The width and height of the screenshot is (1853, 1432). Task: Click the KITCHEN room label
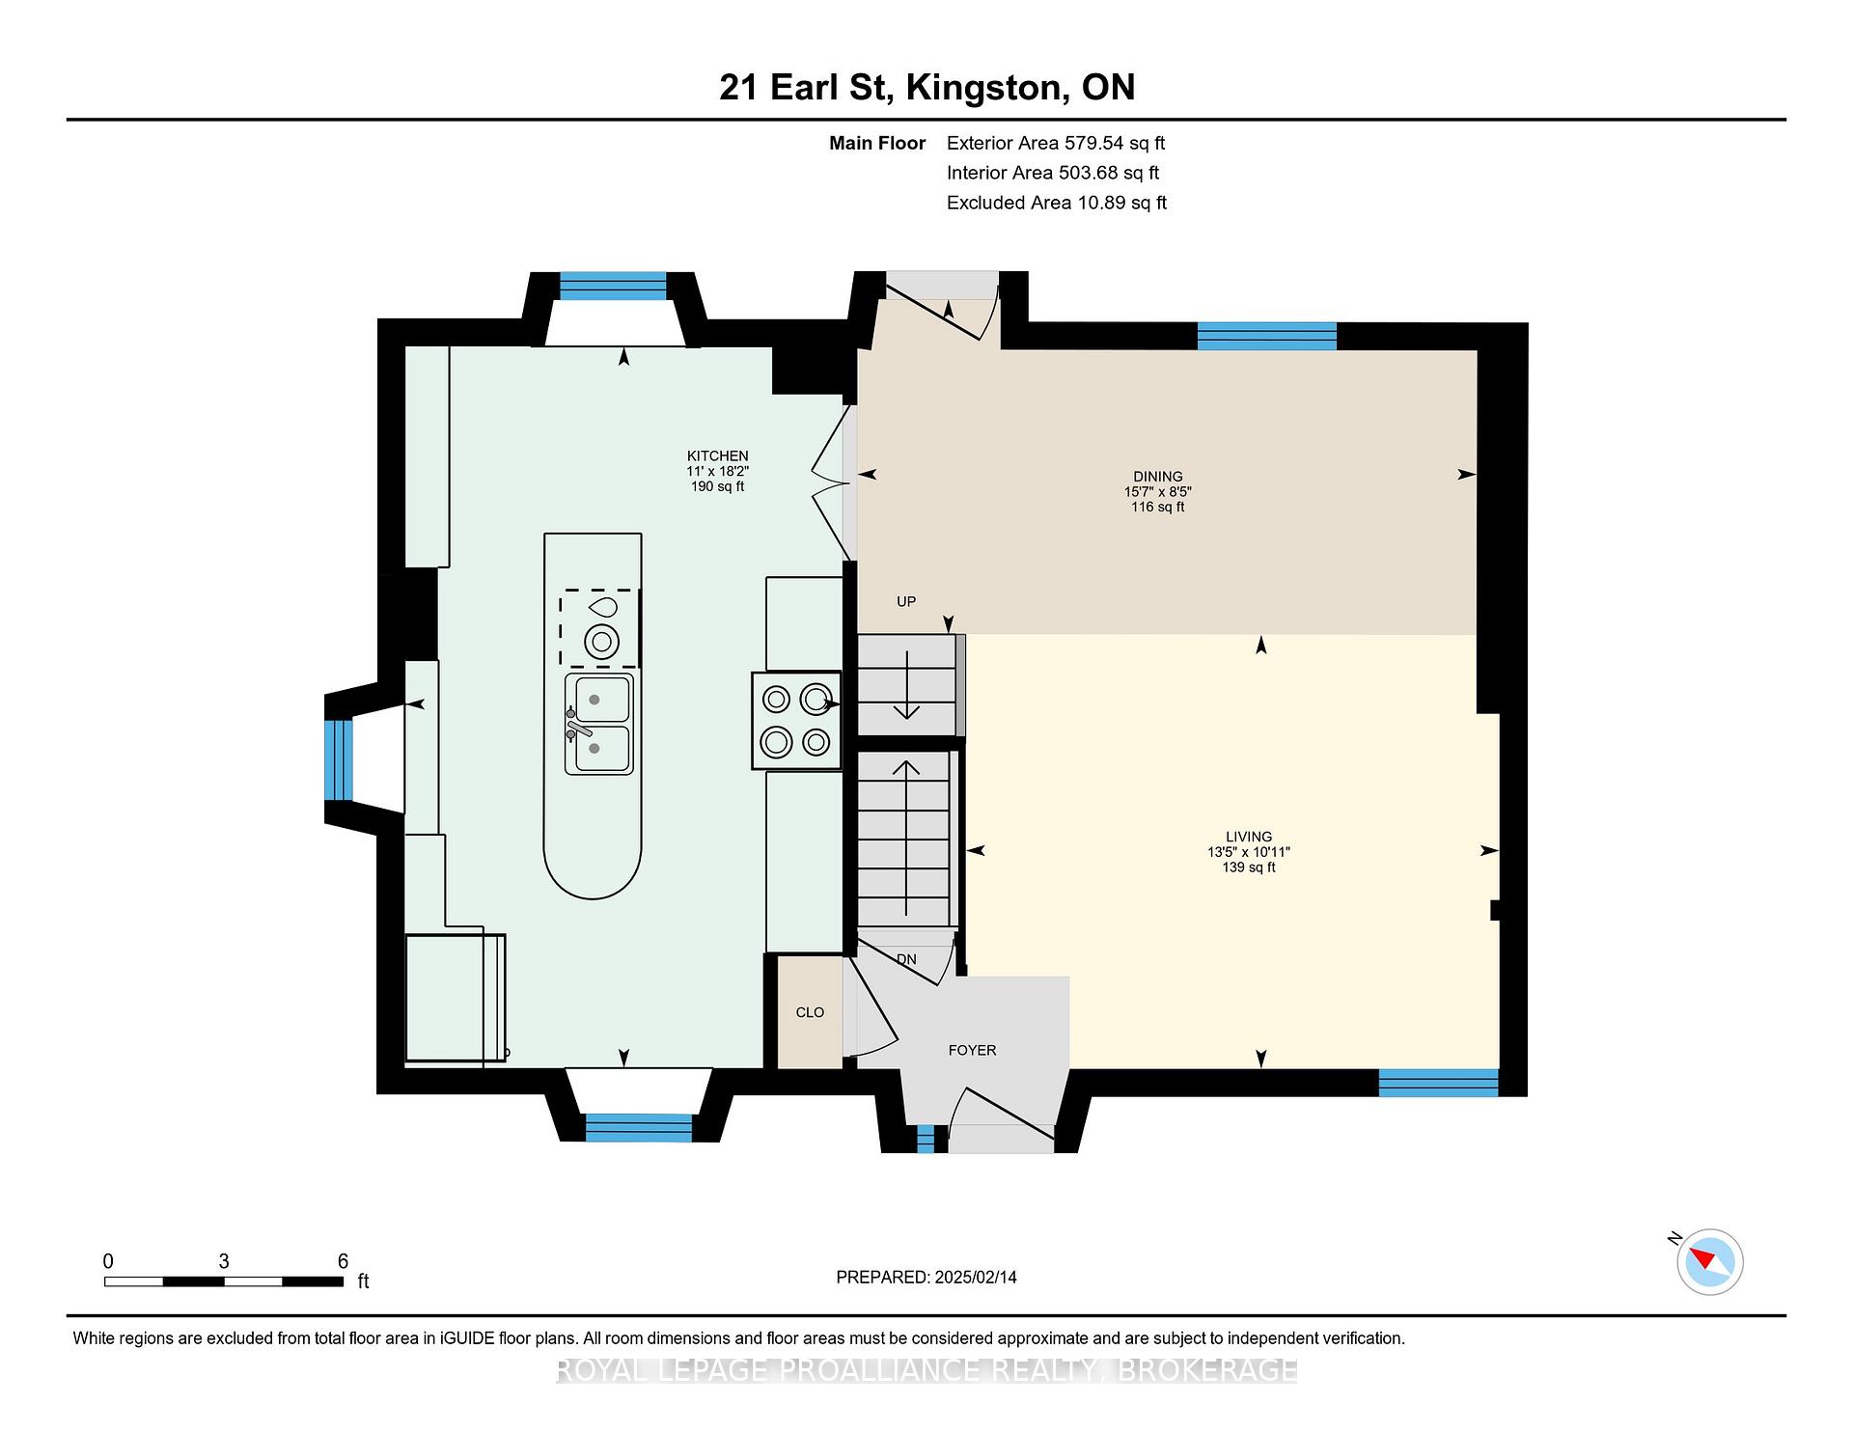tap(717, 455)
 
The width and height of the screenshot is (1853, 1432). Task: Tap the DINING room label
tap(1158, 476)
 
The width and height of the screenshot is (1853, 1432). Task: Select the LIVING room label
tap(1249, 837)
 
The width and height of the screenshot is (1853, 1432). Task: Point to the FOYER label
tap(972, 1050)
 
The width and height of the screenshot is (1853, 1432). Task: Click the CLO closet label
tap(810, 1012)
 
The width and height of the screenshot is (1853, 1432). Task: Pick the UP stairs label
tap(906, 601)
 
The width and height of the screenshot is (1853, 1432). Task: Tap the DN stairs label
tap(906, 959)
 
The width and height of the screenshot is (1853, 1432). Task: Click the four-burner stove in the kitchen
tap(797, 720)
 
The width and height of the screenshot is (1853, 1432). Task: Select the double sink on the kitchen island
tap(599, 724)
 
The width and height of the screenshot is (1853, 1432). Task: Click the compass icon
tap(1709, 1261)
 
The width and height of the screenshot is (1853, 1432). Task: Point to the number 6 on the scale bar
tap(343, 1261)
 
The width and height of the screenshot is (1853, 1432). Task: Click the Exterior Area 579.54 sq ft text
tap(1056, 143)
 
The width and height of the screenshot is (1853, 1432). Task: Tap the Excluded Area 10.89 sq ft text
tap(1057, 203)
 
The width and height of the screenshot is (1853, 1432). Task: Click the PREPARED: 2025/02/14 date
tap(926, 1277)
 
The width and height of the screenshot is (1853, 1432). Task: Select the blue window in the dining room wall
tap(1267, 336)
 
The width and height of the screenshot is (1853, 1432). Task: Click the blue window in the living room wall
tap(1438, 1083)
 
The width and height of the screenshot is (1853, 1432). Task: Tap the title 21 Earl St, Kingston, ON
tap(926, 87)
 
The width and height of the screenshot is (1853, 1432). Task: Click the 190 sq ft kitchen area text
tap(717, 486)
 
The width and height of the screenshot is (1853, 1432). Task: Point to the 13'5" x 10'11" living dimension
tap(1249, 852)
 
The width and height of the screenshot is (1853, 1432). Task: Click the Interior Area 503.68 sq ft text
tap(1053, 173)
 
